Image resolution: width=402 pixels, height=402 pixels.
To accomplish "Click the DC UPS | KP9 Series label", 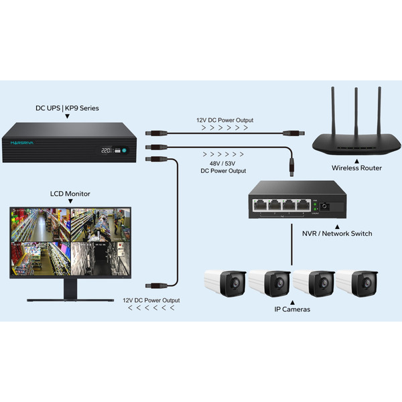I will (x=67, y=107).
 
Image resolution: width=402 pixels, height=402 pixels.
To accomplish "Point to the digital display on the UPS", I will (x=106, y=151).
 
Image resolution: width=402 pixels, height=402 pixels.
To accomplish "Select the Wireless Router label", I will (x=356, y=168).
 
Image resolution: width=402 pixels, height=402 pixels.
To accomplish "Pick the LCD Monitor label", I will (x=70, y=194).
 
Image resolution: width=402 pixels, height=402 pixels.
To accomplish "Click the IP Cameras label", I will (x=292, y=309).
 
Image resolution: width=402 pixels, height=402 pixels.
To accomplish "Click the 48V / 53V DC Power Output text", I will (x=223, y=167).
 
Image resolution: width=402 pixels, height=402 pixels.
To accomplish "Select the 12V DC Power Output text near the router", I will (x=222, y=121).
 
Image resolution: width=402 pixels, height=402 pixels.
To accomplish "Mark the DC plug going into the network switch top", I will (x=291, y=165).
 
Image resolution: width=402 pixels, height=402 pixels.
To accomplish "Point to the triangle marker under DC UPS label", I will (x=67, y=116).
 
